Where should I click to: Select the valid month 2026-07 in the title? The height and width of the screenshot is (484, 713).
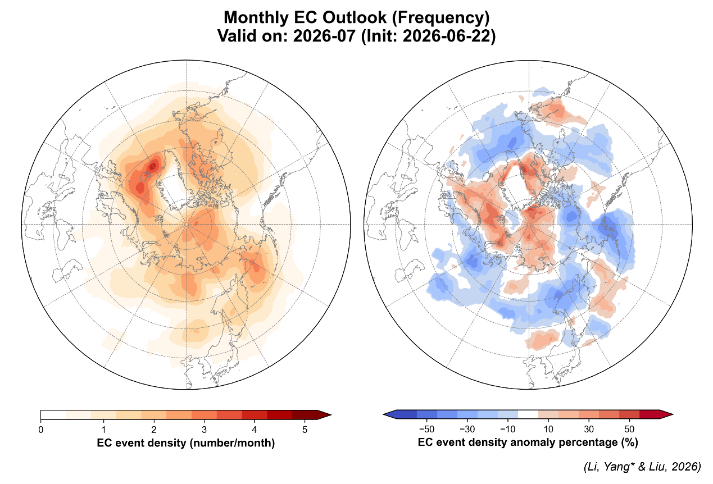pyautogui.click(x=324, y=35)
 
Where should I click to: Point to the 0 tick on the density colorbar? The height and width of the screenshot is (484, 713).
pyautogui.click(x=41, y=430)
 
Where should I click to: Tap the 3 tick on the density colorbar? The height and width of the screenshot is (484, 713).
pyautogui.click(x=204, y=430)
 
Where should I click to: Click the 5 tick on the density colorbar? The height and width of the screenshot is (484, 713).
pyautogui.click(x=305, y=430)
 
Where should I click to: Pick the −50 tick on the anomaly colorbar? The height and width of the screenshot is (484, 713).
pyautogui.click(x=426, y=430)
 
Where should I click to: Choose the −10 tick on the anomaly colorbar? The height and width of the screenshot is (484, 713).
pyautogui.click(x=508, y=430)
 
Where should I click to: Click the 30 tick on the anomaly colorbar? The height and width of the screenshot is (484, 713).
pyautogui.click(x=589, y=430)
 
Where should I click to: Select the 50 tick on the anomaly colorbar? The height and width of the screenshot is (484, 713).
pyautogui.click(x=629, y=430)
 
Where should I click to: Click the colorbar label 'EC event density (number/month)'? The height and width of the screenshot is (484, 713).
pyautogui.click(x=186, y=442)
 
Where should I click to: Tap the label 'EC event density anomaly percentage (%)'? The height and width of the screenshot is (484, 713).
pyautogui.click(x=528, y=442)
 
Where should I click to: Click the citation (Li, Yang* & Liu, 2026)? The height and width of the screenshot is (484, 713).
pyautogui.click(x=642, y=467)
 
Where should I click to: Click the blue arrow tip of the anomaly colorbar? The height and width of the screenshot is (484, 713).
pyautogui.click(x=389, y=414)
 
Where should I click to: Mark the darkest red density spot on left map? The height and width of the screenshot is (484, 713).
pyautogui.click(x=153, y=166)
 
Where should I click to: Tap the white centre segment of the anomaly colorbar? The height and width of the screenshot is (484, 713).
pyautogui.click(x=528, y=414)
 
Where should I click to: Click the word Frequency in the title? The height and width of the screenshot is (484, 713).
pyautogui.click(x=440, y=17)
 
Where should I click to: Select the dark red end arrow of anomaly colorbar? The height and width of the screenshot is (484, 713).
pyautogui.click(x=666, y=414)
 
